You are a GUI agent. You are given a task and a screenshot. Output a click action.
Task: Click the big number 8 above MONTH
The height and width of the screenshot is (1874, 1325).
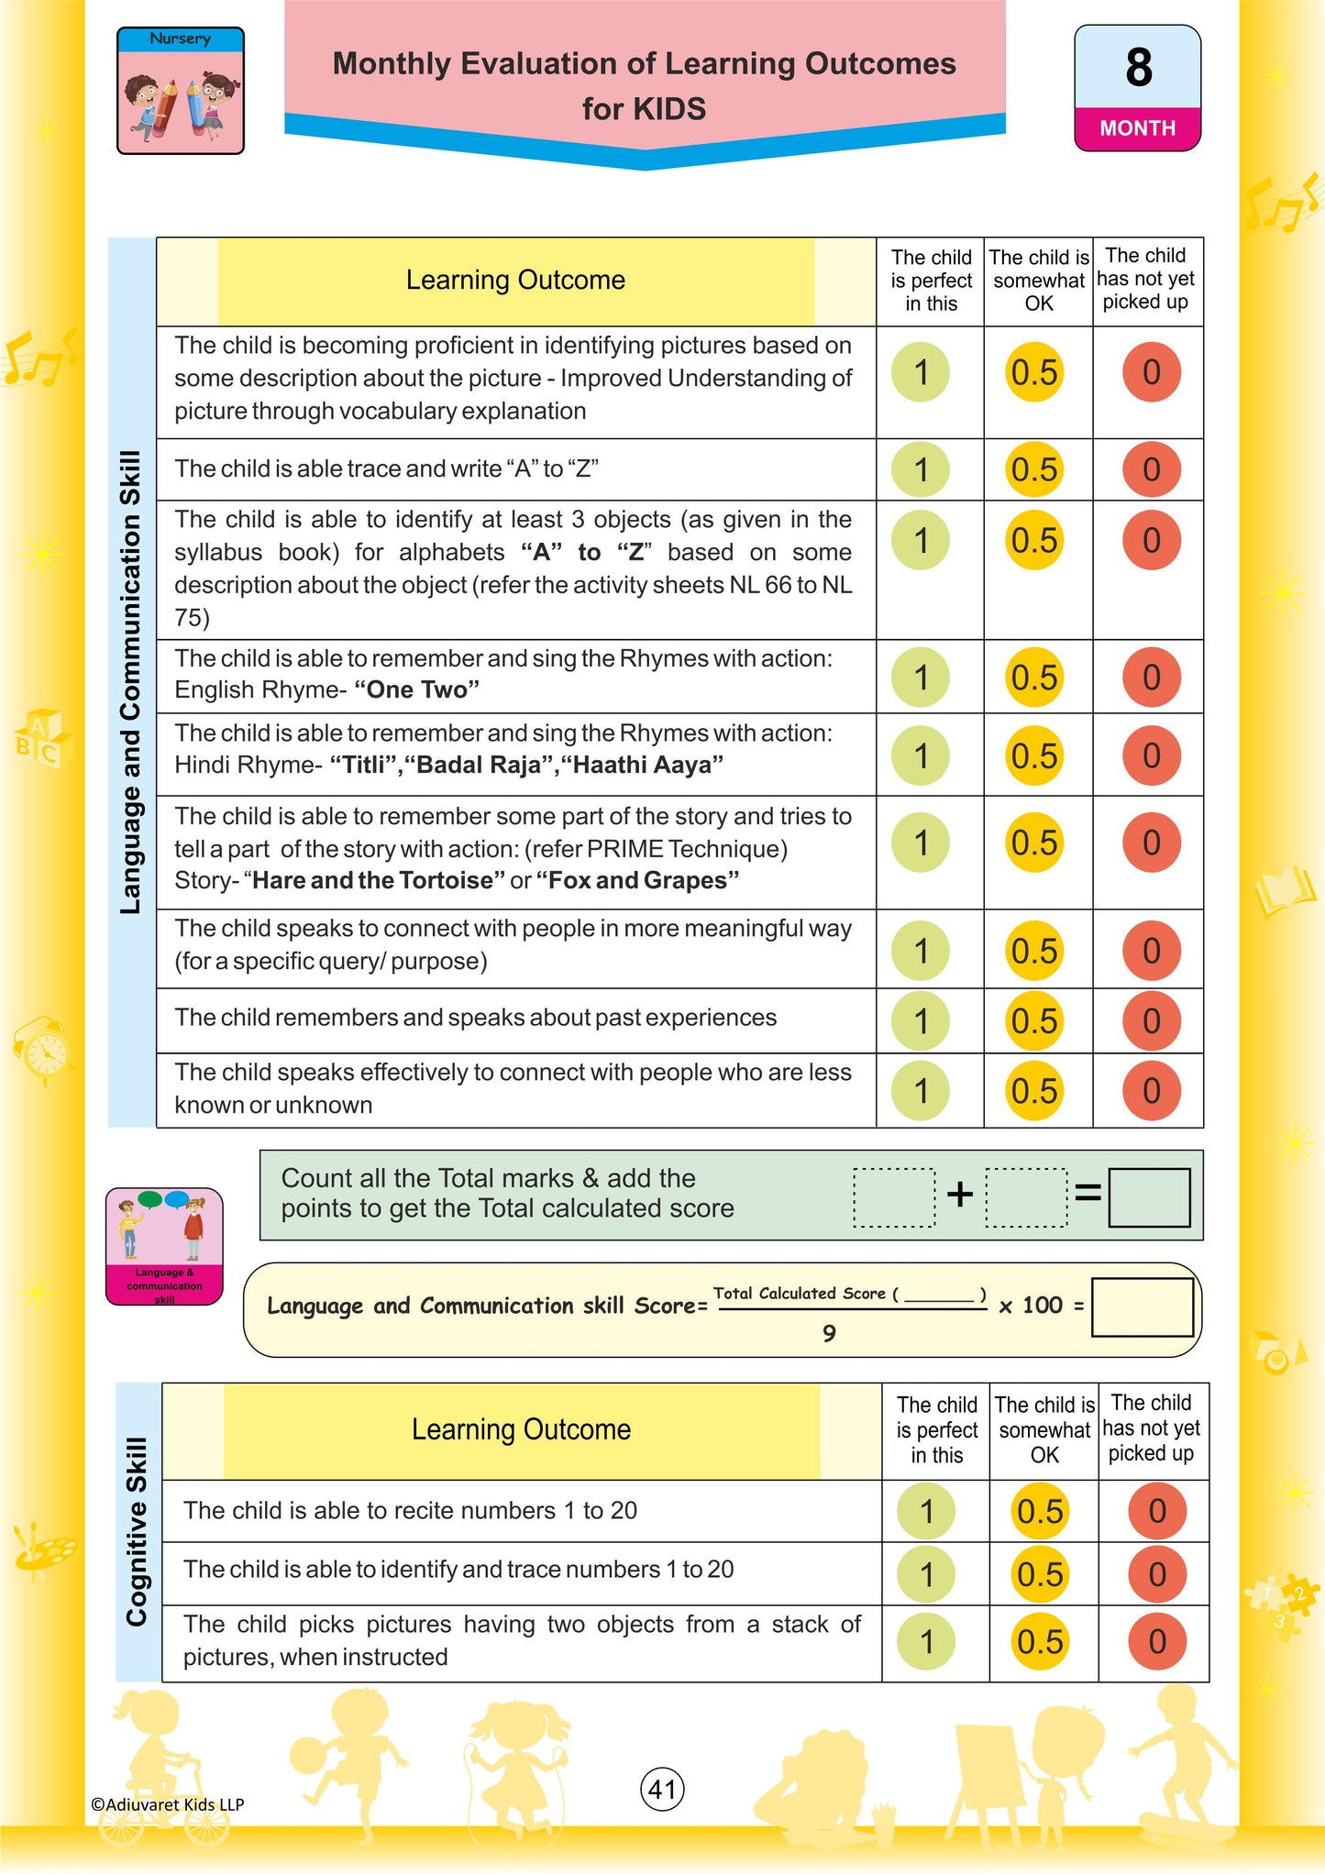click(1138, 68)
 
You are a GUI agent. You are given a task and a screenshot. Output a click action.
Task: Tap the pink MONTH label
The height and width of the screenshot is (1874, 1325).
click(1137, 128)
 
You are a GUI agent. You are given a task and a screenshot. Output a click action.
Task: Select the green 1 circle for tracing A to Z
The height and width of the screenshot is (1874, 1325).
click(921, 469)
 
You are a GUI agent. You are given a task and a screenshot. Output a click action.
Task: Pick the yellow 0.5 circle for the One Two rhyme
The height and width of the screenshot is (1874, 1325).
click(1034, 678)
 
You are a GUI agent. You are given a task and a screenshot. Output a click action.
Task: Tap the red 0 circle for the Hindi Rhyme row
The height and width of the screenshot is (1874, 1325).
click(1151, 755)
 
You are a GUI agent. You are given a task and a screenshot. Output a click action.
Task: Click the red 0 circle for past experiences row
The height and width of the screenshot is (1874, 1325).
click(1151, 1020)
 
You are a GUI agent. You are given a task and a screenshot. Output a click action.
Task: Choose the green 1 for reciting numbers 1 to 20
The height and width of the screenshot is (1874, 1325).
click(926, 1511)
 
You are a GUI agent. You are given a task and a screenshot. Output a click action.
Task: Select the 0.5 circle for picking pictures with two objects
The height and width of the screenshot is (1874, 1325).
click(1040, 1641)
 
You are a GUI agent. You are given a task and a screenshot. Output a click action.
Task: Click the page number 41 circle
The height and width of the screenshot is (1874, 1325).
click(662, 1789)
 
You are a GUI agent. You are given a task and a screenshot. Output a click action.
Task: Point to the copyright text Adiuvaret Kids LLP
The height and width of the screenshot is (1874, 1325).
click(168, 1803)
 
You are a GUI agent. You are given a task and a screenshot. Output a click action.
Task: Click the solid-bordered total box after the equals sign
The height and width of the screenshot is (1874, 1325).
click(1149, 1196)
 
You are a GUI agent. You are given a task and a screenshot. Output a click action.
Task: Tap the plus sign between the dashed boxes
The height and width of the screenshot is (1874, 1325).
click(959, 1194)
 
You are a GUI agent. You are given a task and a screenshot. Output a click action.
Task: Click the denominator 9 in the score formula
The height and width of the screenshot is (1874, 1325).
click(829, 1333)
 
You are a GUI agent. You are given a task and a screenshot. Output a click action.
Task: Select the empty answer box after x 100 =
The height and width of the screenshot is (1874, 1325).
click(1142, 1307)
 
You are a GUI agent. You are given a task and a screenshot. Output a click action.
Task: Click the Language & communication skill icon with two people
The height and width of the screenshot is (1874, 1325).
click(164, 1245)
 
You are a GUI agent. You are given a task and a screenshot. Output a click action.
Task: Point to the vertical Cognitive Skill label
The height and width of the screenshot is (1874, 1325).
click(137, 1531)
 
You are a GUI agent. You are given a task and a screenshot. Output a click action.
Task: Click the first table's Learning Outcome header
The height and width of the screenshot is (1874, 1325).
click(515, 281)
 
